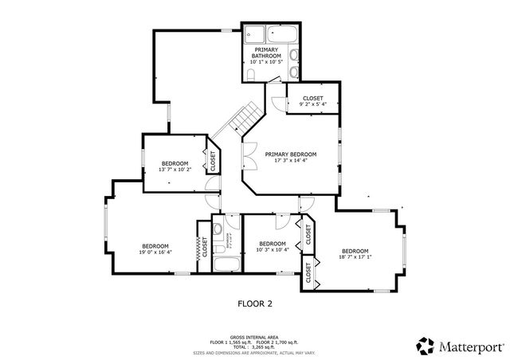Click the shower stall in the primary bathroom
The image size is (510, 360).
click(256, 35)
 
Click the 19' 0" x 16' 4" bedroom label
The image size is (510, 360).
click(156, 248)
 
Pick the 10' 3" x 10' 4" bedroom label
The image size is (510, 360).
click(272, 247)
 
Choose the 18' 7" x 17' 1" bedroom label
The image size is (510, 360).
click(355, 253)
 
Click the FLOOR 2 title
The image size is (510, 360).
click(255, 303)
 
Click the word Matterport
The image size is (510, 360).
click(471, 346)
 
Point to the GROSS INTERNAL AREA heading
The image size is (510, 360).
click(254, 337)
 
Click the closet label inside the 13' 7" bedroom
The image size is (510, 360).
click(213, 161)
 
